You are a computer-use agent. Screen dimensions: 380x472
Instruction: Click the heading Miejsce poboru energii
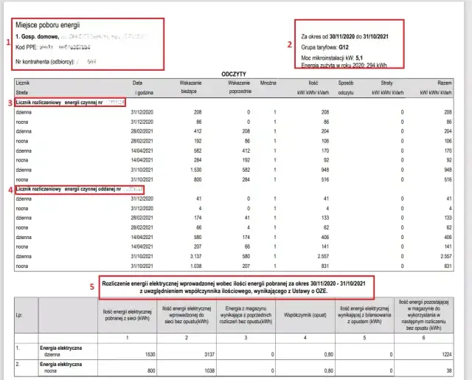(x=47, y=25)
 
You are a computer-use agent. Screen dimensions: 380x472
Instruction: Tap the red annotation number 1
(x=7, y=42)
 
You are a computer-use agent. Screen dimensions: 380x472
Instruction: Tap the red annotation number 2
(x=290, y=44)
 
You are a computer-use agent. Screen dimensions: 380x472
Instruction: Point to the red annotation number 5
(x=92, y=286)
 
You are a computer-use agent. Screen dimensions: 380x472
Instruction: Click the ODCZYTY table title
(x=234, y=75)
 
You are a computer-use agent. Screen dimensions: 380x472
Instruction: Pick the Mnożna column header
(x=269, y=83)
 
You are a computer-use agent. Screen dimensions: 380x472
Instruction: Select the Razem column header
(x=444, y=83)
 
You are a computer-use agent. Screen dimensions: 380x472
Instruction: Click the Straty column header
(x=386, y=83)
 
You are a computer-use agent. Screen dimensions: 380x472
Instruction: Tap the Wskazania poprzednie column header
(x=235, y=87)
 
